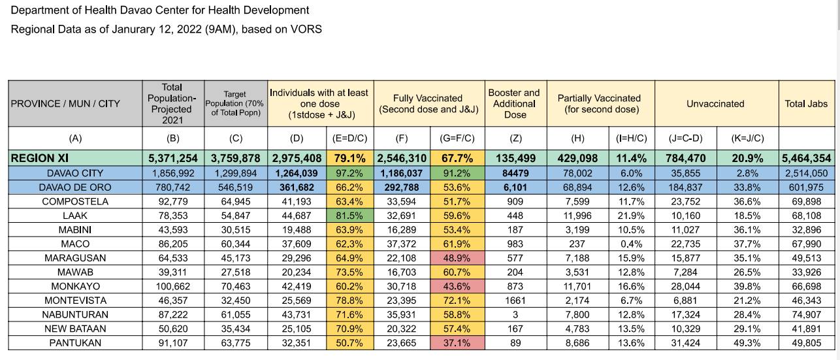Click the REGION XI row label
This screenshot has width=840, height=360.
[39, 158]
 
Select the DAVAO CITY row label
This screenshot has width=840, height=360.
[75, 173]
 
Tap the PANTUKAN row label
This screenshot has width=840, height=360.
[75, 343]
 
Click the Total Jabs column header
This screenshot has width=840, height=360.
[806, 104]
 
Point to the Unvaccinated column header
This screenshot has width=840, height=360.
[715, 104]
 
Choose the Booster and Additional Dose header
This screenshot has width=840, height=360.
[515, 103]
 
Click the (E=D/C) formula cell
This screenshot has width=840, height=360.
[349, 139]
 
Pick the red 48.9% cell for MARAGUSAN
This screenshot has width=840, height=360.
[457, 258]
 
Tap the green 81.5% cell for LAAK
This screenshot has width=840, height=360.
[349, 216]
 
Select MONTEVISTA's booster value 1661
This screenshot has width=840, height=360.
[515, 301]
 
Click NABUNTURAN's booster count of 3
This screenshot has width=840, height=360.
[515, 315]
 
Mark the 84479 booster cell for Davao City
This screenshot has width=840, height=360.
[515, 173]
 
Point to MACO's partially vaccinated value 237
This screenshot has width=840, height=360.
[577, 244]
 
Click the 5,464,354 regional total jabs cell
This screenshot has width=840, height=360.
[806, 158]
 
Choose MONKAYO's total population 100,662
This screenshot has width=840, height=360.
[173, 287]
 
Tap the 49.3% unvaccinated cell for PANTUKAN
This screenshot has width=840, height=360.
[747, 343]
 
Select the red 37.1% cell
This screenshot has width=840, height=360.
[457, 343]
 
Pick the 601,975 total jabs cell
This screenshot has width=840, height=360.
[806, 188]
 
